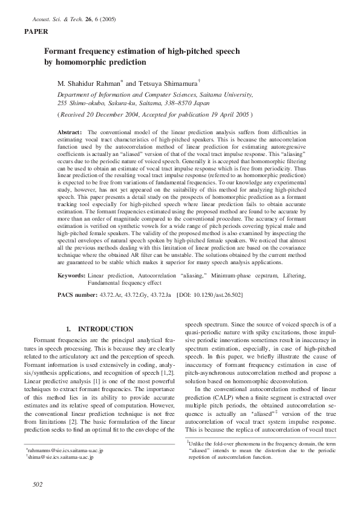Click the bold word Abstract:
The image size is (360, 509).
pyautogui.click(x=70, y=131)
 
